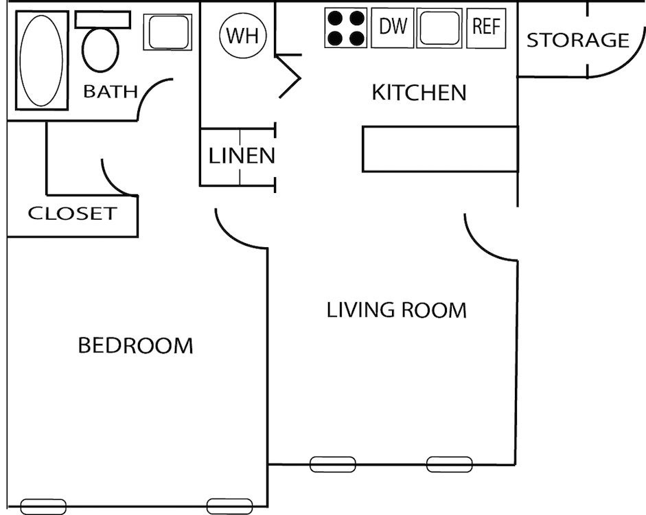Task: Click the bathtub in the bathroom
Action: click(41, 60)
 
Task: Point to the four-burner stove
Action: click(345, 28)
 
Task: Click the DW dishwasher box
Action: click(393, 28)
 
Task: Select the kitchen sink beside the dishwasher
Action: click(440, 28)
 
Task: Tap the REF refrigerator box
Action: click(487, 27)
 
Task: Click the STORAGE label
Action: click(577, 41)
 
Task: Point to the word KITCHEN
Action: click(419, 92)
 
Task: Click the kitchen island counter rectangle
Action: click(439, 148)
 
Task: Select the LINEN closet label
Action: click(242, 156)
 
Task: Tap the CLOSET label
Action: click(72, 214)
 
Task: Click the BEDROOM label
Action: click(135, 345)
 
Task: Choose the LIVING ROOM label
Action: click(396, 310)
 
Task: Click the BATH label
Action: click(110, 92)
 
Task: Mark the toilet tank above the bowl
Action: click(103, 19)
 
